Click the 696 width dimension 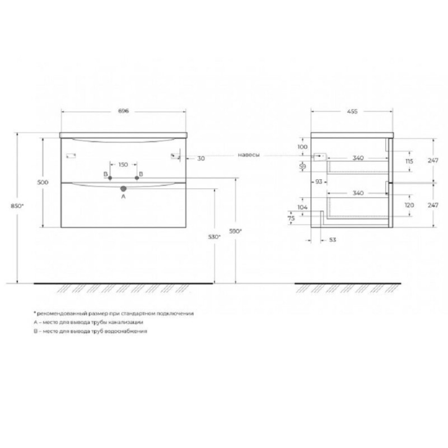[123, 111]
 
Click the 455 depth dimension [352, 111]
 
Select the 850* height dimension [17, 206]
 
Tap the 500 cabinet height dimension [43, 183]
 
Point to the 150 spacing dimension [123, 165]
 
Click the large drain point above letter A [123, 189]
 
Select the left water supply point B [110, 178]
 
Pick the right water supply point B [137, 178]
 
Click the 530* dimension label [214, 237]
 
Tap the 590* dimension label [235, 231]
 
